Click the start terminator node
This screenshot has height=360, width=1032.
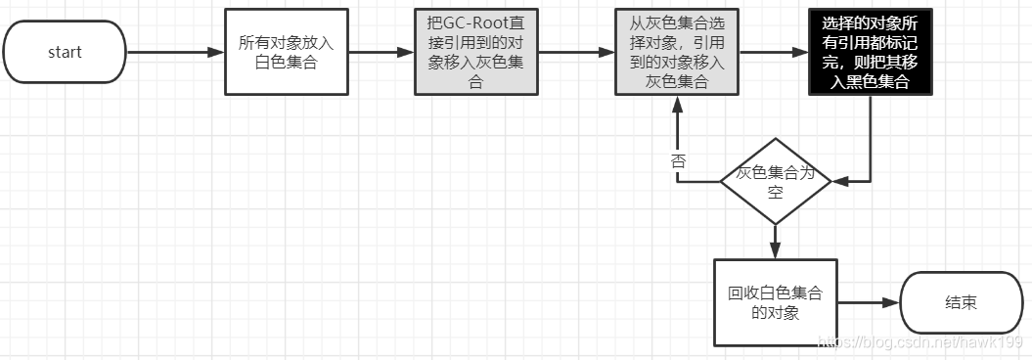(x=65, y=52)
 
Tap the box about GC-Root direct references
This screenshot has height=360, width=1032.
(x=475, y=52)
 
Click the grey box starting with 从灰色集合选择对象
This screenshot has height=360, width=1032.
(x=676, y=52)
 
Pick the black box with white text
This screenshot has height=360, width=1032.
(x=871, y=52)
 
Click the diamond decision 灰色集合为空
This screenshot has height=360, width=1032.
(x=775, y=181)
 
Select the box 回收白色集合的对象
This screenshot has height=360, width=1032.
(x=776, y=302)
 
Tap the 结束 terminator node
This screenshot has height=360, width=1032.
(x=960, y=302)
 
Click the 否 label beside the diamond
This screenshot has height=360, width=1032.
(x=677, y=162)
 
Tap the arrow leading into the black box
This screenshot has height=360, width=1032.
(x=773, y=52)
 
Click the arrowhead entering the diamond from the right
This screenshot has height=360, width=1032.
(x=838, y=181)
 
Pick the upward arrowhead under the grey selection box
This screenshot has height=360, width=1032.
(x=676, y=103)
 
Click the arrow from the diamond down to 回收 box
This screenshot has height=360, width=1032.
(x=775, y=240)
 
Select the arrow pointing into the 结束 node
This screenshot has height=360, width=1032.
(x=867, y=303)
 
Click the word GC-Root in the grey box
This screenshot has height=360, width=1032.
(x=478, y=22)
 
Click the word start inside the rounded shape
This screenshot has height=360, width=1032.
(x=65, y=52)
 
